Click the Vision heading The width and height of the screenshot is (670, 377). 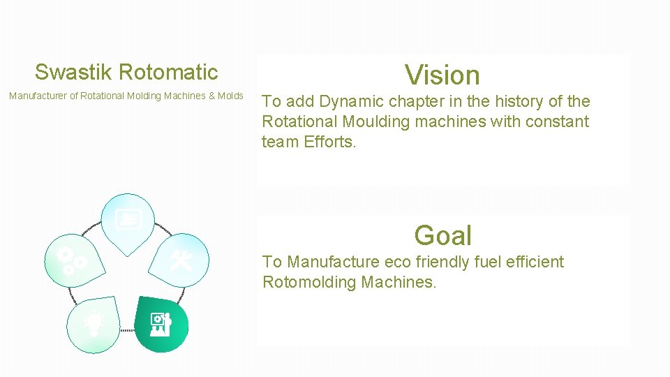pyautogui.click(x=442, y=75)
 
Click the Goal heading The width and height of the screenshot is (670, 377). pyautogui.click(x=442, y=235)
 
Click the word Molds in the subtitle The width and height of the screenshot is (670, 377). pyautogui.click(x=231, y=96)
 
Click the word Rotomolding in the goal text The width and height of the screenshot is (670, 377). pyautogui.click(x=308, y=282)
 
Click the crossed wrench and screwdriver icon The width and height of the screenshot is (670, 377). pyautogui.click(x=181, y=260)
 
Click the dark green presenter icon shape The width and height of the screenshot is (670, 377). pyautogui.click(x=161, y=323)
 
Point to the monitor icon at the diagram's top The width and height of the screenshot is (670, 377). pyautogui.click(x=128, y=220)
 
